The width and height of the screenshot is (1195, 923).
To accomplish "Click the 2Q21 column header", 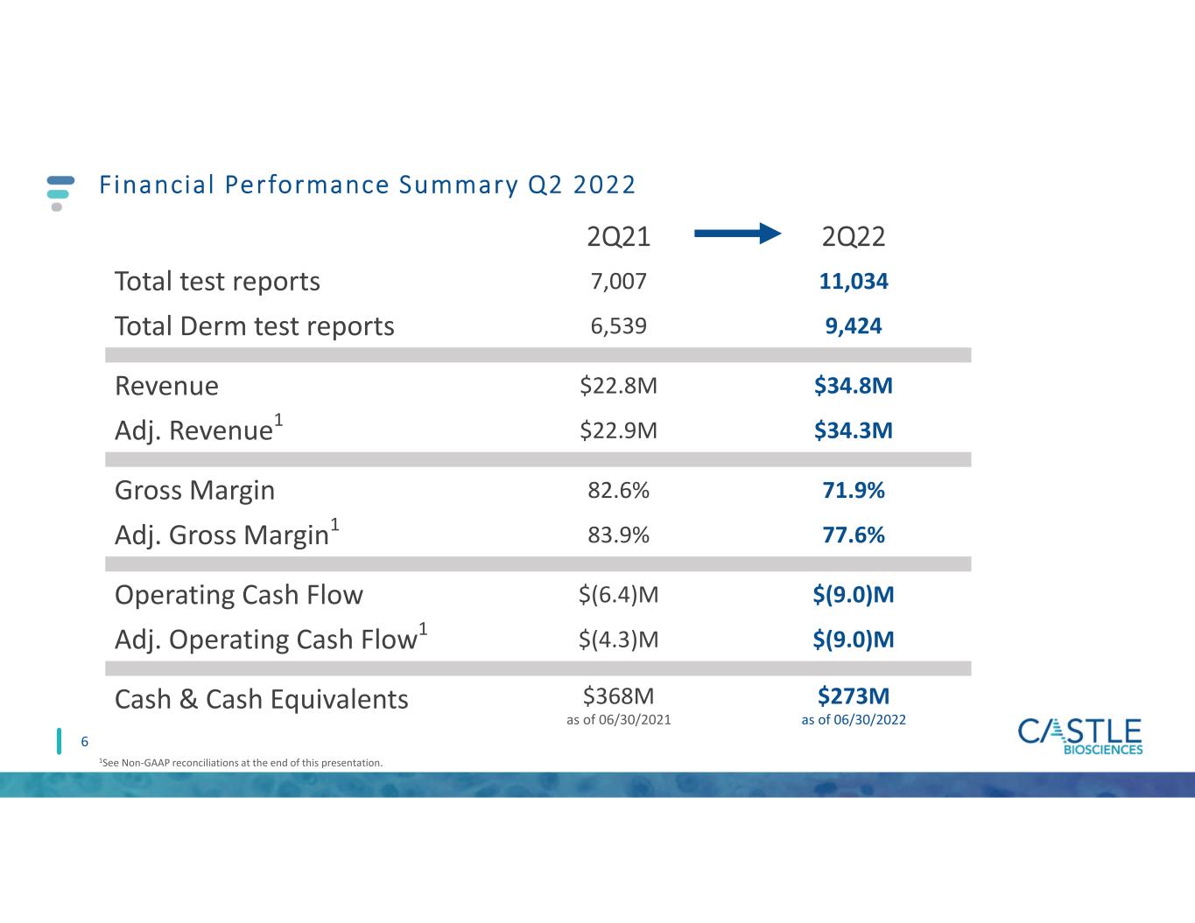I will click(x=618, y=236).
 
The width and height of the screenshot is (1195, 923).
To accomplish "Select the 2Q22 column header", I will click(x=854, y=236).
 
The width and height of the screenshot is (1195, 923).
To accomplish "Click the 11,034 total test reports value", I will click(x=854, y=281).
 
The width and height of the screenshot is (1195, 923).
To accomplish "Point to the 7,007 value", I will click(x=618, y=281).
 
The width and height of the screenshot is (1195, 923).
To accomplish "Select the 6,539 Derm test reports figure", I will click(x=618, y=325).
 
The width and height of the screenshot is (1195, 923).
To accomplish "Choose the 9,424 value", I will click(x=854, y=325).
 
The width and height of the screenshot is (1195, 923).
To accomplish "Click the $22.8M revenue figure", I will click(x=618, y=385).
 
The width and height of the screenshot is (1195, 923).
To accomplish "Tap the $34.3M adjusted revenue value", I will click(x=854, y=430).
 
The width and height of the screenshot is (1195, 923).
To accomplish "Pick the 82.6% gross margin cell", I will click(x=618, y=490).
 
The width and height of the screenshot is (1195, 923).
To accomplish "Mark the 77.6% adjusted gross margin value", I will click(x=854, y=535).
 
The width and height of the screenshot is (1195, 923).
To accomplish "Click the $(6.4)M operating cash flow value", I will click(x=618, y=595).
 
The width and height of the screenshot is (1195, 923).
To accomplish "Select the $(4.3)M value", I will click(x=618, y=640).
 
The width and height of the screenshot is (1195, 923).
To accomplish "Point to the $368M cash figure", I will click(x=618, y=696).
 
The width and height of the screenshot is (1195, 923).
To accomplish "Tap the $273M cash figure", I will click(x=854, y=696).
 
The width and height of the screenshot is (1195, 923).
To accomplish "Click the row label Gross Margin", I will click(x=194, y=490).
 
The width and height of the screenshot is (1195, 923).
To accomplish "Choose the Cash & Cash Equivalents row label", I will click(x=261, y=699).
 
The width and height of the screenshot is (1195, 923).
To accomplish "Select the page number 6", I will click(x=85, y=742).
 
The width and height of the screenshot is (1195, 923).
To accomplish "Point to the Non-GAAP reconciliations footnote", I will click(x=241, y=763).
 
